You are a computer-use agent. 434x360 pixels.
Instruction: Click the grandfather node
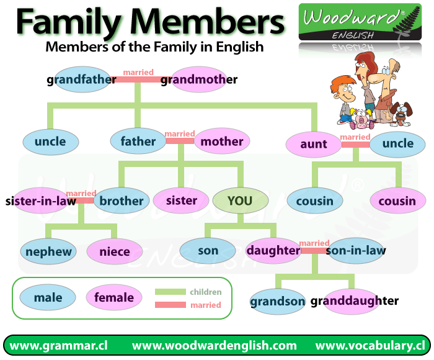(x=82, y=79)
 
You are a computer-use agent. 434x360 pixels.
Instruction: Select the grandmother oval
(x=198, y=79)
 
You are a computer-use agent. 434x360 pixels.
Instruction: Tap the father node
(x=138, y=141)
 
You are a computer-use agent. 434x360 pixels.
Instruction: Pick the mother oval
(x=222, y=141)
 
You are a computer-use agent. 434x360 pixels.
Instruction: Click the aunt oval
(x=314, y=144)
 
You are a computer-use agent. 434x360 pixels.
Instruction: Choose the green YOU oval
(x=240, y=200)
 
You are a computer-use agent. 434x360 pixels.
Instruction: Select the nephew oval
(x=49, y=252)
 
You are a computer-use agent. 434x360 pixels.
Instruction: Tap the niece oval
(x=115, y=252)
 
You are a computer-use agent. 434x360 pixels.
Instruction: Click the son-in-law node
(x=356, y=251)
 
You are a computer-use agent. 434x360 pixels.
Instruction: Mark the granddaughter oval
(x=354, y=301)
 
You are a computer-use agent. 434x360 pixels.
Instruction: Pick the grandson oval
(x=278, y=302)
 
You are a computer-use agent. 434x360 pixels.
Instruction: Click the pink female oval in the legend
(x=114, y=297)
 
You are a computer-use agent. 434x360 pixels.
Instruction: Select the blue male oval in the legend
(x=48, y=297)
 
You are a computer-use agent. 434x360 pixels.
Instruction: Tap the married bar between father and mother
(x=180, y=141)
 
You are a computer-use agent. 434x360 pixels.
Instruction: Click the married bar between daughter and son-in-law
(x=314, y=251)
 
